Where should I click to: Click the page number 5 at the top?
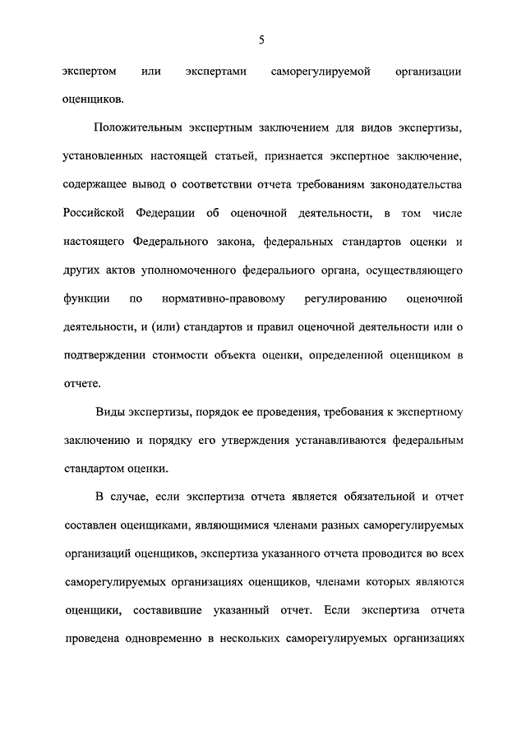[261, 39]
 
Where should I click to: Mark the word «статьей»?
[238, 156]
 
